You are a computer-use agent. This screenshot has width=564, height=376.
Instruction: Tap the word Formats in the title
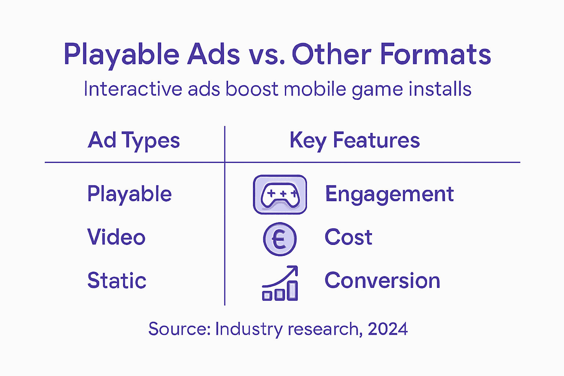click(x=435, y=54)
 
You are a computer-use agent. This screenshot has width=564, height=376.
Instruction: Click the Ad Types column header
click(x=134, y=140)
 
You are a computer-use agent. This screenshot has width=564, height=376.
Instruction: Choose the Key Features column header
click(x=354, y=140)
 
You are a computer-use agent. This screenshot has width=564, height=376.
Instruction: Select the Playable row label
click(x=129, y=194)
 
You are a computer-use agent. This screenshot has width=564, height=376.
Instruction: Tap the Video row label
click(x=116, y=237)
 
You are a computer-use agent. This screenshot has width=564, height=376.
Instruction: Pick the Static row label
click(x=117, y=281)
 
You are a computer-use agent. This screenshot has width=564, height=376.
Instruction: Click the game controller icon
click(x=280, y=195)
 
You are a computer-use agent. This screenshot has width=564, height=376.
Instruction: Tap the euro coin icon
click(x=280, y=239)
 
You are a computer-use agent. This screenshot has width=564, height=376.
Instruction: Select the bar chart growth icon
click(x=280, y=283)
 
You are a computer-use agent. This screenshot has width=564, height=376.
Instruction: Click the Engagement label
click(x=390, y=194)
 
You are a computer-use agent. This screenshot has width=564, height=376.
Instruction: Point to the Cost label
click(x=348, y=237)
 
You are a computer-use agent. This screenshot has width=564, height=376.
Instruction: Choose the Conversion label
click(x=382, y=281)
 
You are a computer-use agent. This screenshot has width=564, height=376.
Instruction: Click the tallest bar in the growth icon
click(x=292, y=291)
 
